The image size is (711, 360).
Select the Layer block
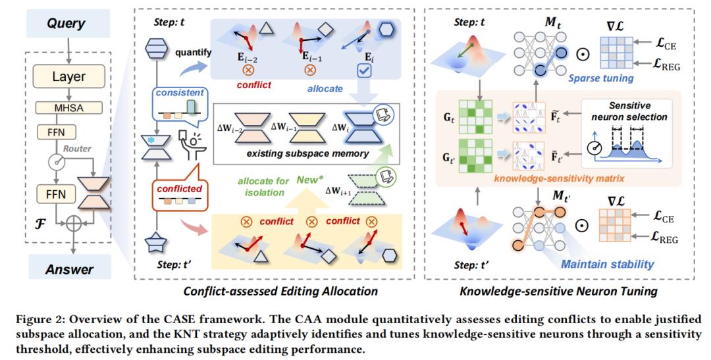pos(69,76)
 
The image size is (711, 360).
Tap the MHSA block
pos(69,108)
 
